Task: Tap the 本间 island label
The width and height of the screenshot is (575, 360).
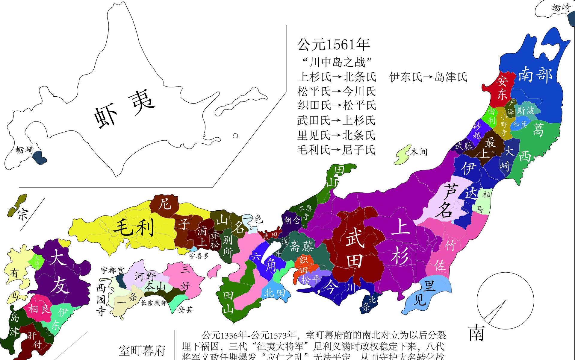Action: point(419,152)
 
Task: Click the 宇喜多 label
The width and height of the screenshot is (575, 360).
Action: point(199,256)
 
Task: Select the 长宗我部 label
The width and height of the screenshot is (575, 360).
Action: point(154,303)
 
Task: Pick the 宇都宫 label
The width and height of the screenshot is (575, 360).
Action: point(112,271)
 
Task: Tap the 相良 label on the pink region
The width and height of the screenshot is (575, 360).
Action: point(39,309)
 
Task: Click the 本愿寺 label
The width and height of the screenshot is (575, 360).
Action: point(305,212)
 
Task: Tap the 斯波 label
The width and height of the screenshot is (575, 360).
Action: point(526,110)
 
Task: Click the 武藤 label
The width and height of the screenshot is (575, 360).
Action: point(464,146)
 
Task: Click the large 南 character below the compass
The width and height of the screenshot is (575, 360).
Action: point(476,333)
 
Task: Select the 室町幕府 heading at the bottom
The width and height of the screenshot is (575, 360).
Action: point(142,350)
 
